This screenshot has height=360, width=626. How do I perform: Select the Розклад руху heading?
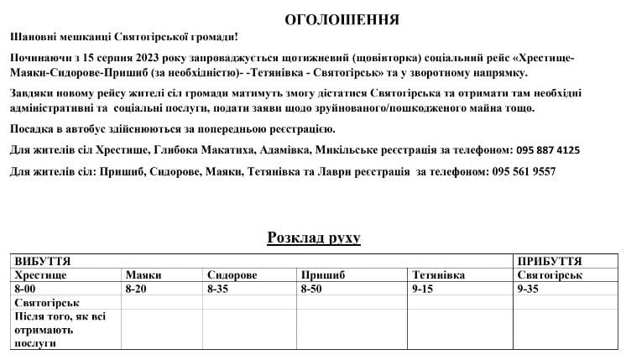[313, 238]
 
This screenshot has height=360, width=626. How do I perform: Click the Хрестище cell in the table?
[40, 274]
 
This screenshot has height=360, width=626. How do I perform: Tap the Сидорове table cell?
[232, 274]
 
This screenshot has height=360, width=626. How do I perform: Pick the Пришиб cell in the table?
[321, 274]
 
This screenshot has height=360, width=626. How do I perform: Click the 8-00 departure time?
[27, 288]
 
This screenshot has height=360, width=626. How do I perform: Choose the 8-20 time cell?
[136, 288]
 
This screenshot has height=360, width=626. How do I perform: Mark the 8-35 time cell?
[218, 288]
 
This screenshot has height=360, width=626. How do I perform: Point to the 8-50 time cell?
[312, 288]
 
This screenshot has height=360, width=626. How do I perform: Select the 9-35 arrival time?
[529, 288]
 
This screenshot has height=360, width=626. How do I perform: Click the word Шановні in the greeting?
[38, 38]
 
